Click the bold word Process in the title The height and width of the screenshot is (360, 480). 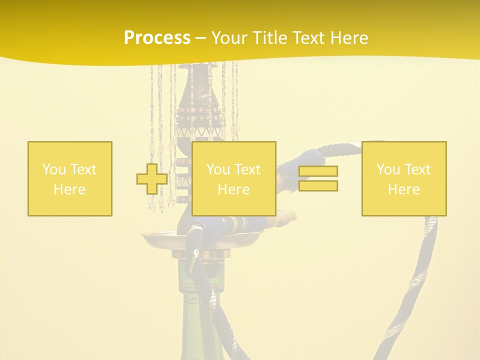pos(157,38)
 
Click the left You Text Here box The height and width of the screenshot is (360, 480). pos(70,178)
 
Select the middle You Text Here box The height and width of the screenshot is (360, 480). pos(233,178)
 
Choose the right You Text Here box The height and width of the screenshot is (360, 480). pos(404,178)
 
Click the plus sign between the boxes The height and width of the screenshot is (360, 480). pos(152,178)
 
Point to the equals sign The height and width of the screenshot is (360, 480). pos(318,178)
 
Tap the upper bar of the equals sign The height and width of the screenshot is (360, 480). pos(318,171)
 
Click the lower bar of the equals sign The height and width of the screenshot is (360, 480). pos(318,186)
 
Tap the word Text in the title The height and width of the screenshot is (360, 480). pos(307,38)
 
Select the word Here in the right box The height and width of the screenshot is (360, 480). pos(404,189)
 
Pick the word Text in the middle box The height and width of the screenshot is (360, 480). pos(247,169)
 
